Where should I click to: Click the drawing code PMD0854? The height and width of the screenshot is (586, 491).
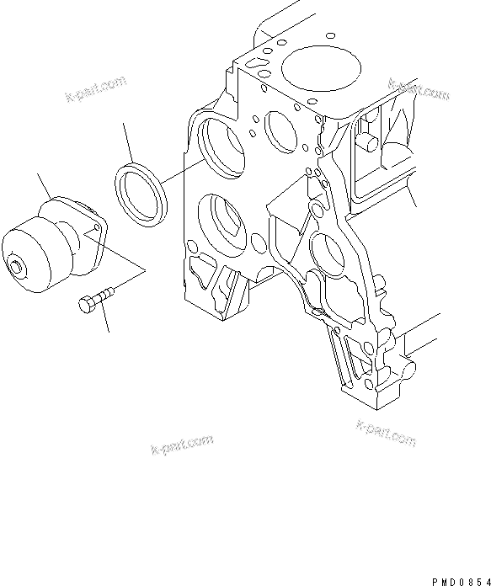pos(462,581)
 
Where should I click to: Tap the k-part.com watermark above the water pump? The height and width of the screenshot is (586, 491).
pos(95,90)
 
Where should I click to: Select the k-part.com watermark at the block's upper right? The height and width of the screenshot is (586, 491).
pos(419,89)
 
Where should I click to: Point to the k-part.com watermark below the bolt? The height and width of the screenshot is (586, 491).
pos(182,444)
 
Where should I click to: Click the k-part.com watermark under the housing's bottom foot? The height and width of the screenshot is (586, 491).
pos(387,434)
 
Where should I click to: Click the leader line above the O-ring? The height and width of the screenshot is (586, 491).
pos(129,141)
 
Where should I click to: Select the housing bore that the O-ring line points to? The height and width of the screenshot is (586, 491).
pos(222,151)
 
